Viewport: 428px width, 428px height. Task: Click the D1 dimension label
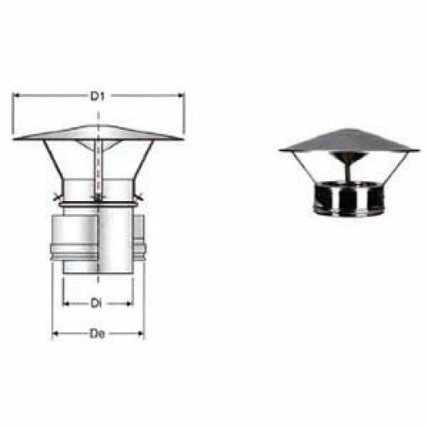(98, 95)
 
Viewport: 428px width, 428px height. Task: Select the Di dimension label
(95, 304)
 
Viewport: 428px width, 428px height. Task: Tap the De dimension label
(97, 333)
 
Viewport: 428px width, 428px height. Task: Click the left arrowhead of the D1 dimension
(16, 95)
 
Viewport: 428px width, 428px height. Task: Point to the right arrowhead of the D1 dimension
(182, 95)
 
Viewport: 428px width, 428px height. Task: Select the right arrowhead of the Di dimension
(130, 304)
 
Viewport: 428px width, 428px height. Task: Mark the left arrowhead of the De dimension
(55, 333)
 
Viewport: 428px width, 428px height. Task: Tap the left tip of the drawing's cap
(15, 139)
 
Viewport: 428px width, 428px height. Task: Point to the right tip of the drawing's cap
(183, 139)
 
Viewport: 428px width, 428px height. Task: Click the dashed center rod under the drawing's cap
(98, 170)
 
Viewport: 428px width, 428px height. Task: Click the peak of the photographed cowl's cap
(349, 129)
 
